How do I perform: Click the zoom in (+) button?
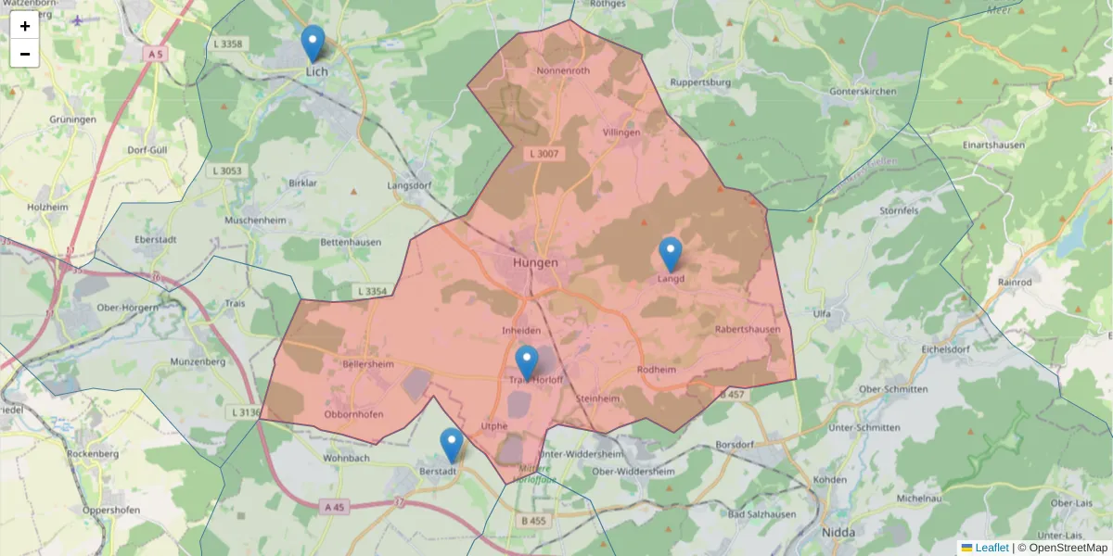pos(25,26)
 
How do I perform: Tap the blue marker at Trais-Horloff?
pos(526,362)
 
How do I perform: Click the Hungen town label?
pos(536,262)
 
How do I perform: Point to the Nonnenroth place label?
pos(563,70)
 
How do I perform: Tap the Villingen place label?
pos(621,133)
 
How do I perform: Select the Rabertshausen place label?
pos(748,329)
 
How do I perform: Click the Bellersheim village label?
pos(368,364)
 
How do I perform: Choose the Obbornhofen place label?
pos(352,413)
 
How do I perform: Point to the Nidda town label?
pos(838,532)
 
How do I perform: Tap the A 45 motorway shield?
pos(335,507)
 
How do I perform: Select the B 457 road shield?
pos(732,395)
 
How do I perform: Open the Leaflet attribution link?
pos(991,548)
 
